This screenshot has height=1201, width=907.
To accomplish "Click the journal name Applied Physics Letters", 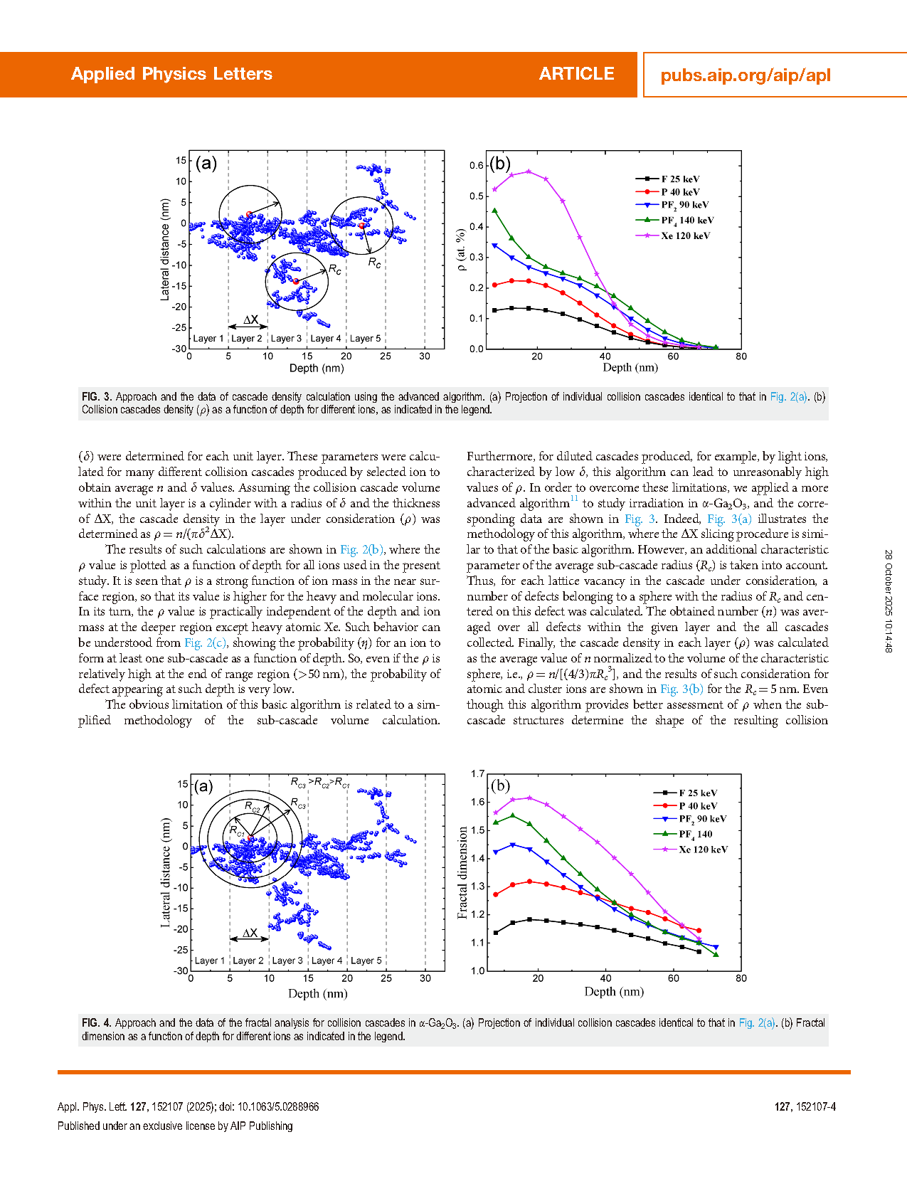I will [171, 74].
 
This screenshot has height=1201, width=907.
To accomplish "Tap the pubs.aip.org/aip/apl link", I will [745, 75].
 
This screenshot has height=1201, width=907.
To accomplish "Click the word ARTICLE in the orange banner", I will [576, 74].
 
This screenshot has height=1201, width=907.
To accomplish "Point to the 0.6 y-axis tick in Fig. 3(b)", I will [476, 166].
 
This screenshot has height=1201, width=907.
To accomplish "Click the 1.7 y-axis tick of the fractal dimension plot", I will [477, 773].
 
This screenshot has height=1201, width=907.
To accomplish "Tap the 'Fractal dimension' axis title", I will [463, 872].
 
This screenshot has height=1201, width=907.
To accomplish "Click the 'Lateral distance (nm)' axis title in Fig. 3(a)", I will [165, 249].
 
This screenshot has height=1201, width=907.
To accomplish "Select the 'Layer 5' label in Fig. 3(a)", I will [365, 339].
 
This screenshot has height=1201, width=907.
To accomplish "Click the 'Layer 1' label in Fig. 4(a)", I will [210, 961].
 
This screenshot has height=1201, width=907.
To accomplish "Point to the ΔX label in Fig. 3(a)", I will [250, 319].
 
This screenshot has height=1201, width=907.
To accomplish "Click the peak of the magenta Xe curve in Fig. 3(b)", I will [529, 171].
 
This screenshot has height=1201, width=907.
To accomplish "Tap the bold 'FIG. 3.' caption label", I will [97, 397].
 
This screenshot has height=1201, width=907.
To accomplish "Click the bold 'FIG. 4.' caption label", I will [97, 1023].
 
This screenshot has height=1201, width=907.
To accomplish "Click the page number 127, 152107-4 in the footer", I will [805, 1106].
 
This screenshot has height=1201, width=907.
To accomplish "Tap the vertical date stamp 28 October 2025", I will [888, 600].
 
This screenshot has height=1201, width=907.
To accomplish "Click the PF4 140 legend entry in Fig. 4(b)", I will [695, 834].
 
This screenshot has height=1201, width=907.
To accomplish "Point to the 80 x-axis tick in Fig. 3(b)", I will [741, 356].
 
